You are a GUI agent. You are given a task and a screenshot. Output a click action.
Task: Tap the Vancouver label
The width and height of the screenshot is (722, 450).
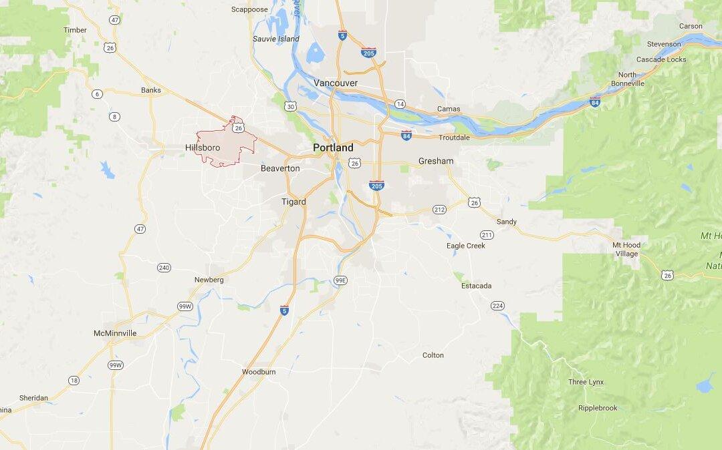pyautogui.click(x=336, y=83)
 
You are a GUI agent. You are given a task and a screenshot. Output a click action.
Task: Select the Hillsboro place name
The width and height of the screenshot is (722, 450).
pyautogui.click(x=203, y=148)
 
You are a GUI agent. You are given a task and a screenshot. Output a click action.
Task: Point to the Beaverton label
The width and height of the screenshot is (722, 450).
pyautogui.click(x=280, y=168)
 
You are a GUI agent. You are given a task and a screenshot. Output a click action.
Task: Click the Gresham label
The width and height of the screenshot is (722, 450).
pyautogui.click(x=436, y=161)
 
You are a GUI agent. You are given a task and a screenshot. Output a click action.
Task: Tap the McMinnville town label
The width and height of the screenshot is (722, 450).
pyautogui.click(x=115, y=332)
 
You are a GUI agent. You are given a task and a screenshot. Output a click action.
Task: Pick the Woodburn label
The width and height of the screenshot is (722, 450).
pyautogui.click(x=259, y=371)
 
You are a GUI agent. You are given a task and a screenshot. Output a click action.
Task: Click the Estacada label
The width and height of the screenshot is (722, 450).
pyautogui.click(x=476, y=286)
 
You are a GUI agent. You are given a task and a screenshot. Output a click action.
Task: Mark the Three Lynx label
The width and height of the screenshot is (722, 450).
pyautogui.click(x=586, y=382)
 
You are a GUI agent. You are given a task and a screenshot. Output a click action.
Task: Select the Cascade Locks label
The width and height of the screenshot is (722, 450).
pyautogui.click(x=660, y=59)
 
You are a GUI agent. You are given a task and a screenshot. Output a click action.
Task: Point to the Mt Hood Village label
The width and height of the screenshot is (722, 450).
pyautogui.click(x=626, y=249)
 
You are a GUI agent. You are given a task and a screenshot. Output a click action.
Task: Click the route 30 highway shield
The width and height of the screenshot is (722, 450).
pyautogui.click(x=289, y=106)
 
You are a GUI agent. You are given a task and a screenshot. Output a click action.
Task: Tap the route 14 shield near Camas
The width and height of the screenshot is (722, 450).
pyautogui.click(x=400, y=103)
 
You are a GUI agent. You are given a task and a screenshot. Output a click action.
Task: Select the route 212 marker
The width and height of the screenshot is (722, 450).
pyautogui.click(x=439, y=210)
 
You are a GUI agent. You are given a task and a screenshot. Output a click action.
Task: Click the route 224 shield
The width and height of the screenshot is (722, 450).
pyautogui.click(x=497, y=306)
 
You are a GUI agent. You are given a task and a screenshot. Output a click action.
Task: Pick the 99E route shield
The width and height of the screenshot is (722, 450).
pyautogui.click(x=341, y=280)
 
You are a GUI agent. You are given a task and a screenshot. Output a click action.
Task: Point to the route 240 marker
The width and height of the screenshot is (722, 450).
pyautogui.click(x=164, y=268)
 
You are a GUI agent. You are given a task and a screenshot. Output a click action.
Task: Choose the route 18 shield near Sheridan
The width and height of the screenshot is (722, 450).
pyautogui.click(x=74, y=381)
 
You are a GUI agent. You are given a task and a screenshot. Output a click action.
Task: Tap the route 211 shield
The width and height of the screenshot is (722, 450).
pyautogui.click(x=487, y=235)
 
